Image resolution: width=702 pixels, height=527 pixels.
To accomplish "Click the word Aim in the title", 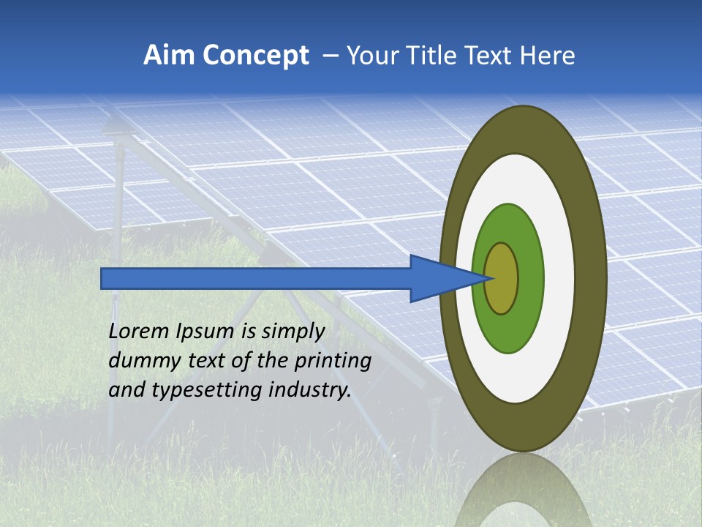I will pos(170,56).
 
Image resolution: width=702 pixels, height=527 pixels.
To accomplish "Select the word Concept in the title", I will pos(257,56).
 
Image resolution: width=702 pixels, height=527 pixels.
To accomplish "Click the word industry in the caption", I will pos(310,390).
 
